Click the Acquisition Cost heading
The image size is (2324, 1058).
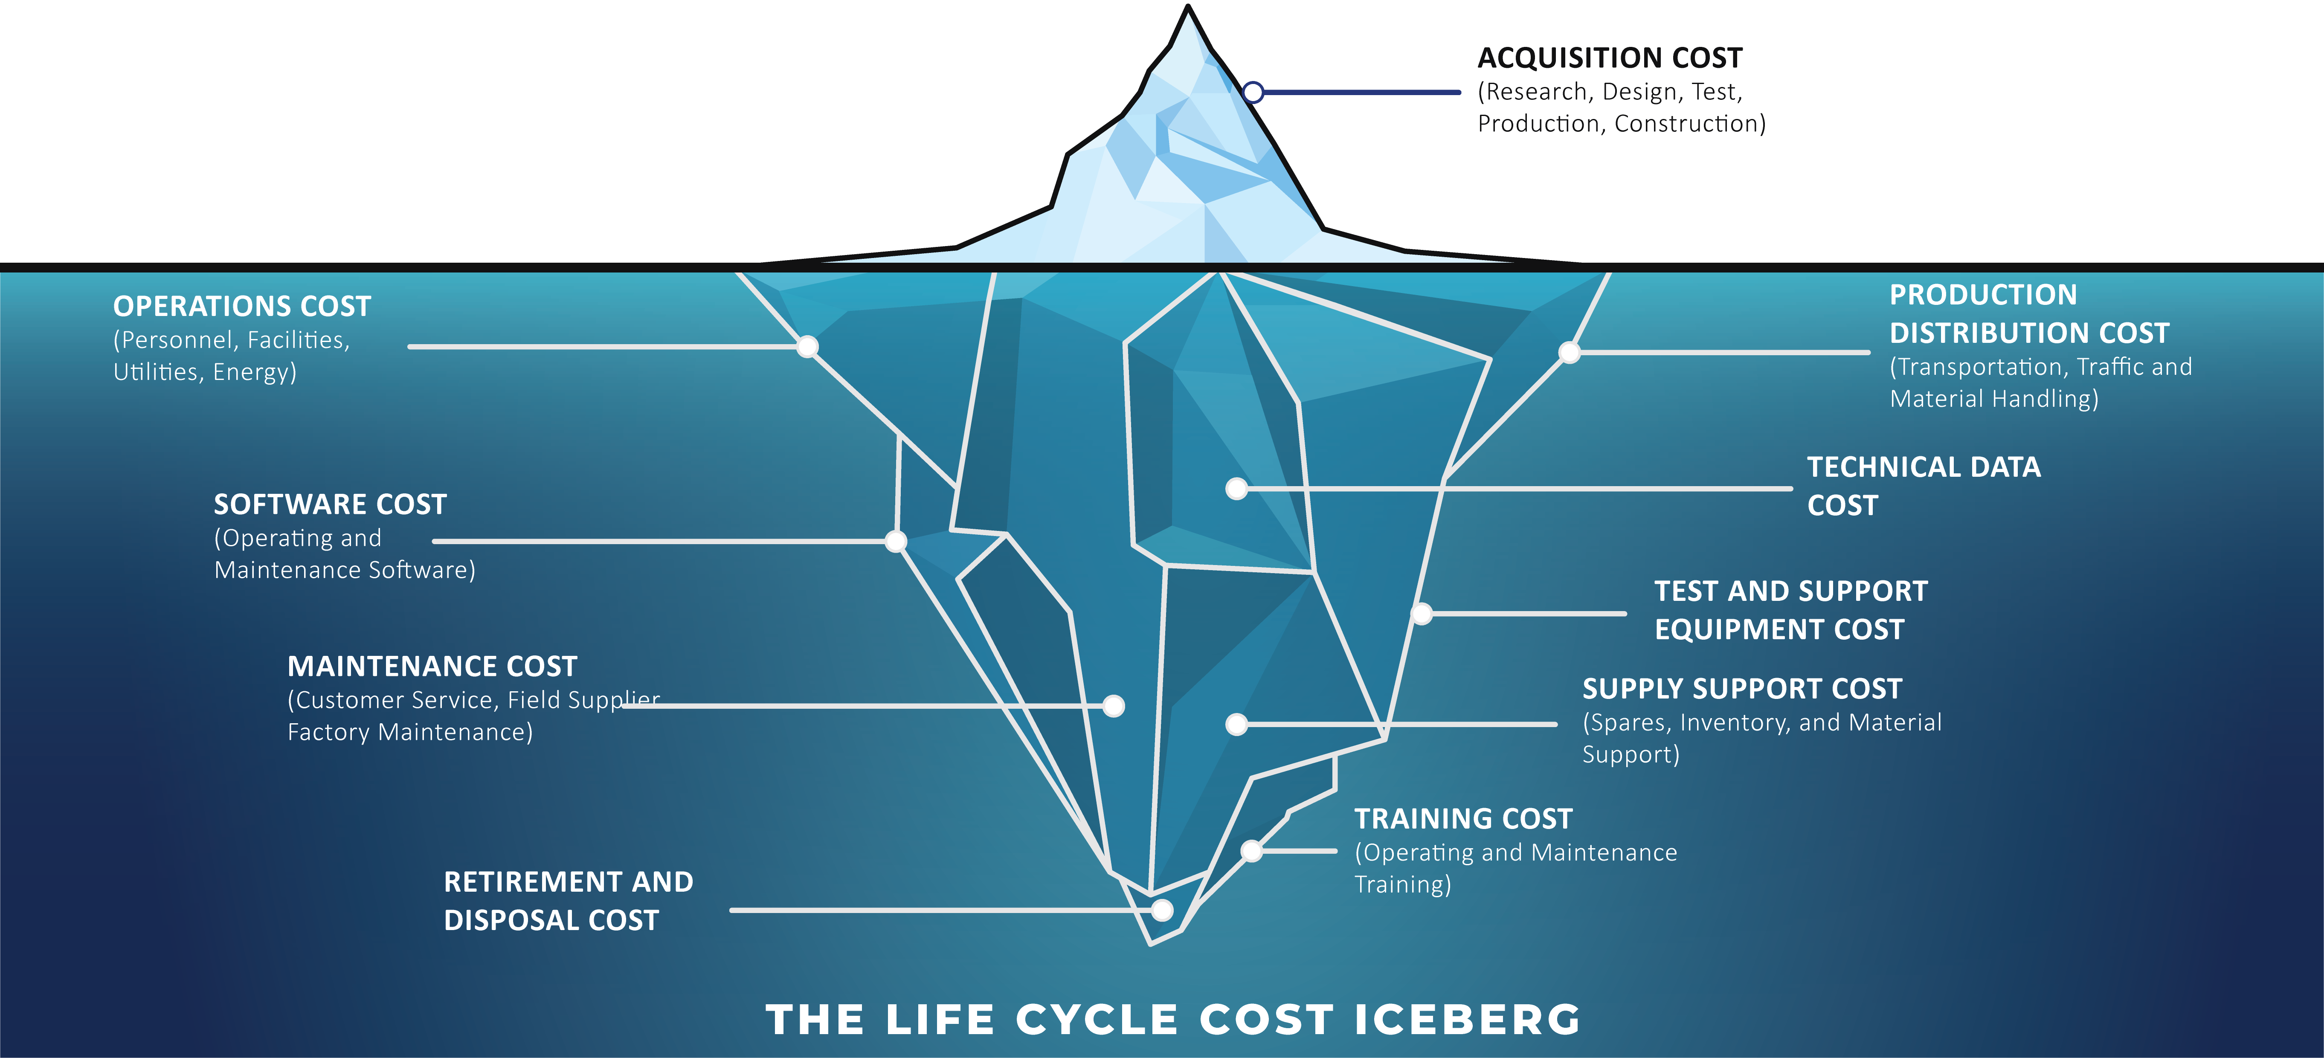(x=1610, y=58)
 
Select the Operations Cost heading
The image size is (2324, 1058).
(x=242, y=307)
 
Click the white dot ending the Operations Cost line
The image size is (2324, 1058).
(x=807, y=346)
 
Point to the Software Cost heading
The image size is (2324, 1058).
(x=330, y=504)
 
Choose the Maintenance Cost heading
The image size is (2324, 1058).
(x=432, y=667)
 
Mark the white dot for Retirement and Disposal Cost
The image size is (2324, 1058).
(x=1162, y=910)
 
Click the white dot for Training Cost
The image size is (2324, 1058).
(x=1251, y=851)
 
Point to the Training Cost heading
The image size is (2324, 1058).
(x=1463, y=819)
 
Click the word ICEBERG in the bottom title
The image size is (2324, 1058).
(x=1468, y=1019)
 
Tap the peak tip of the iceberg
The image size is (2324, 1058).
(x=1188, y=6)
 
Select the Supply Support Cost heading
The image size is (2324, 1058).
(x=1742, y=689)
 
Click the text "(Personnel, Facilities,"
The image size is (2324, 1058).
(x=231, y=340)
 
